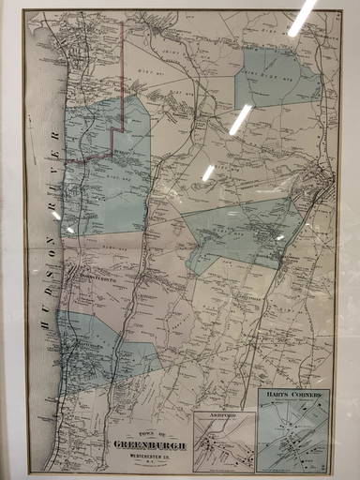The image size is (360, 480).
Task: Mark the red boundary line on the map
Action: (x=112, y=141)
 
